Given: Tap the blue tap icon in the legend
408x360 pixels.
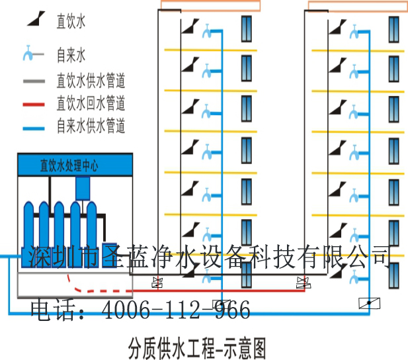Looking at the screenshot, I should coord(30,54).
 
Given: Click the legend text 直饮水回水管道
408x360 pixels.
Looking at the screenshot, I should coord(91,103).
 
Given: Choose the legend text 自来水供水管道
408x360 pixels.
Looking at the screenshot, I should coord(91,124).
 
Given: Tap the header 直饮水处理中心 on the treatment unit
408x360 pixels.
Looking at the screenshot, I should coord(69,165).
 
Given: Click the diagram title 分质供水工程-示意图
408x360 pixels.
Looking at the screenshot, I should coord(199,345).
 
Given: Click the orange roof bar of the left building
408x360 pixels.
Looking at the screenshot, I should coord(210,6).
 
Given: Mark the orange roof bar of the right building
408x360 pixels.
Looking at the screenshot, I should coord(358,6).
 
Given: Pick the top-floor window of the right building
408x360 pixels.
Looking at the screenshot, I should coord(394,28).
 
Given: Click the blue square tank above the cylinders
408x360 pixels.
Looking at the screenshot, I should coord(83,189).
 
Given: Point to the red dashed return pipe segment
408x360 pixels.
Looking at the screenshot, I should coord(99,289).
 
